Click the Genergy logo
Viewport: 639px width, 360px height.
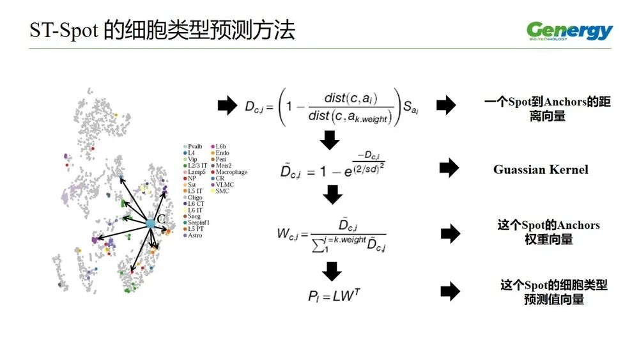click(x=569, y=31)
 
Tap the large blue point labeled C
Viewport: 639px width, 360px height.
click(x=150, y=223)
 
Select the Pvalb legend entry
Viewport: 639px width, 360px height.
click(x=194, y=146)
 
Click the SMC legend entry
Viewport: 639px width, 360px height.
click(x=222, y=191)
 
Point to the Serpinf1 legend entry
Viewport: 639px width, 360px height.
click(x=199, y=223)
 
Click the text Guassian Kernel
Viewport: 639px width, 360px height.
click(x=541, y=169)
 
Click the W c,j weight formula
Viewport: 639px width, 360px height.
click(x=332, y=235)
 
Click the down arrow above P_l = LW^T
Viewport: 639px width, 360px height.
click(x=332, y=272)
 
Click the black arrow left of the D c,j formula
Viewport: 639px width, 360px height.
click(x=227, y=106)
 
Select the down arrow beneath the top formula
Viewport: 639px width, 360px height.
click(x=330, y=139)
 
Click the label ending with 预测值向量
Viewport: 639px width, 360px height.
click(x=553, y=292)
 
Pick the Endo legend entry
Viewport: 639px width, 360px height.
click(x=222, y=153)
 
